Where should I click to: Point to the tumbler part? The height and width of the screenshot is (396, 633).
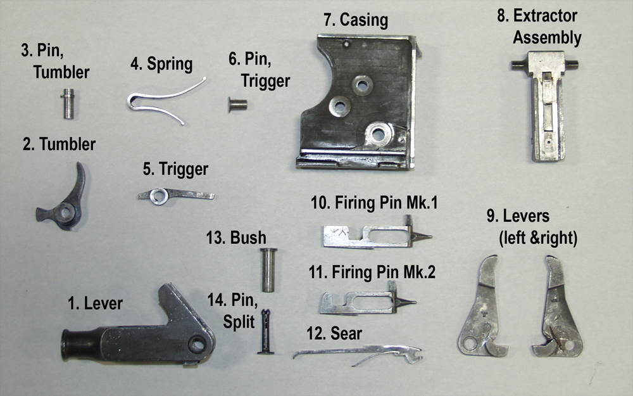pyautogui.click(x=63, y=203)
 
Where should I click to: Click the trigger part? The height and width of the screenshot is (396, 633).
pyautogui.click(x=175, y=195)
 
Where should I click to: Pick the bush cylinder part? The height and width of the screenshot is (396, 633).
pyautogui.click(x=268, y=270)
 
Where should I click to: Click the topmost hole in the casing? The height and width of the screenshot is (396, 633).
pyautogui.click(x=361, y=85)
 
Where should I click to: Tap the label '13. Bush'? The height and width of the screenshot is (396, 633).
pyautogui.click(x=236, y=238)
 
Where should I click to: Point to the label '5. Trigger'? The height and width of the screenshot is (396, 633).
pyautogui.click(x=175, y=169)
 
